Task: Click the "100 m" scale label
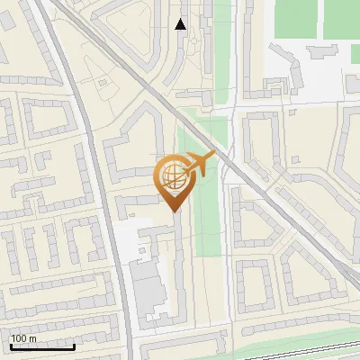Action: pos(23,338)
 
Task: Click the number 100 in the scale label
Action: pos(20,338)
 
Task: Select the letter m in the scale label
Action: pos(32,339)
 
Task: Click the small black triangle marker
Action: pos(181,24)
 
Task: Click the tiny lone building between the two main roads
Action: pos(102,84)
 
